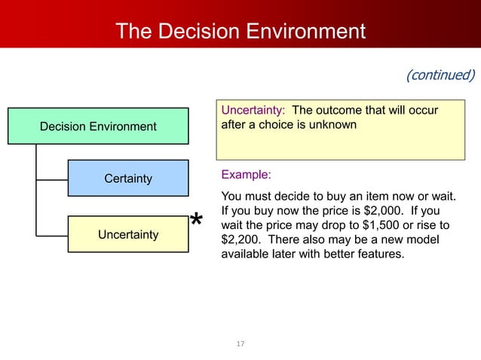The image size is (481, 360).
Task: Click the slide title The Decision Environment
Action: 240,32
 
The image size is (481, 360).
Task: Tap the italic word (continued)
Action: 440,75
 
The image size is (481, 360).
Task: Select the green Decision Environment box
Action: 98,126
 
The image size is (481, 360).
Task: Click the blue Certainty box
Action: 127,178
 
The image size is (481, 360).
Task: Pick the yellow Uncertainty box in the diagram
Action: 127,235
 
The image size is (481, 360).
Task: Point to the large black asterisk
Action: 196,221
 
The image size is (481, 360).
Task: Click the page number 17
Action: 240,344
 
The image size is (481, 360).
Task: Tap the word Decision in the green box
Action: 63,126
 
